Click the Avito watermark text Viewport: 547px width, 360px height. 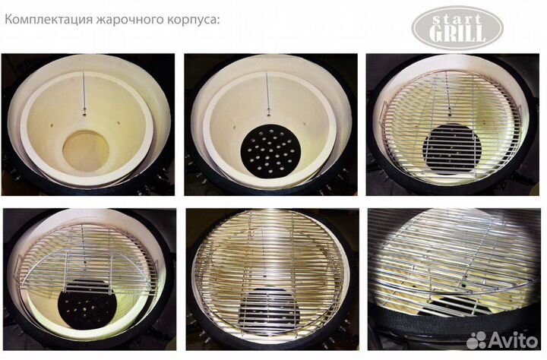pyautogui.click(x=513, y=339)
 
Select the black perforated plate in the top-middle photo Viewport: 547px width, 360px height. pyautogui.click(x=268, y=149)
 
